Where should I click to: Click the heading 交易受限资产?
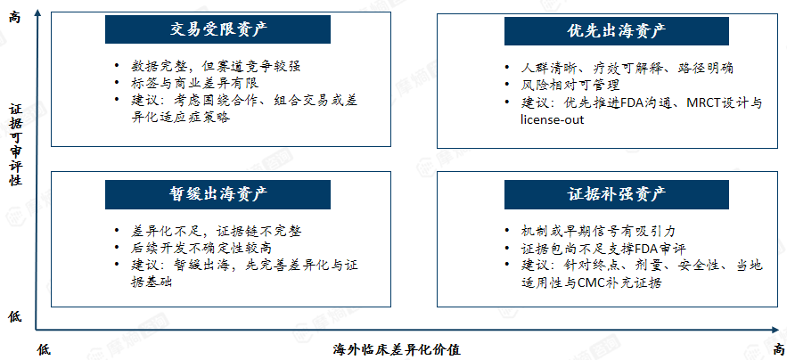pyautogui.click(x=217, y=30)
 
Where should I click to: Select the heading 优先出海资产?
pyautogui.click(x=618, y=30)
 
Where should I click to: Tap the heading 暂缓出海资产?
pyautogui.click(x=217, y=194)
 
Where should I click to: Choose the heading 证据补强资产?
pyautogui.click(x=618, y=194)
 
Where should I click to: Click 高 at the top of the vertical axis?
pyautogui.click(x=15, y=18)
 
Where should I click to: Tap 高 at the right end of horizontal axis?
pyautogui.click(x=778, y=349)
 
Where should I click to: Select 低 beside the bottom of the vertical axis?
pyautogui.click(x=15, y=316)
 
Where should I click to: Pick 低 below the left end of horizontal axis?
pyautogui.click(x=45, y=349)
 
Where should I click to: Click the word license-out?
pyautogui.click(x=552, y=120)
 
